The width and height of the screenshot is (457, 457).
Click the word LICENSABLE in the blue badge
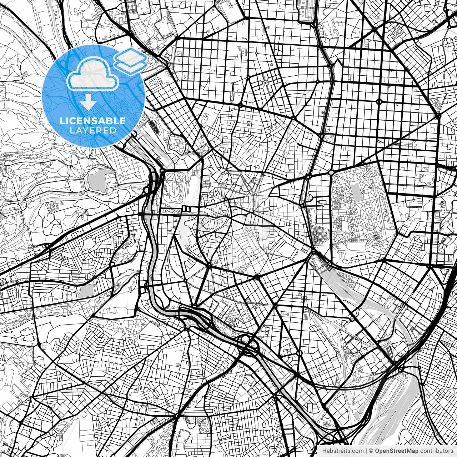(93, 121)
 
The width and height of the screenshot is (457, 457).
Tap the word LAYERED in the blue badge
(93, 130)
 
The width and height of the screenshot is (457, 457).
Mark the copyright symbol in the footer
(371, 451)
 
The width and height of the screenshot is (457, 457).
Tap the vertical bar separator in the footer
(367, 451)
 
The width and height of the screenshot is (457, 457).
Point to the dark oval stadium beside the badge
(154, 126)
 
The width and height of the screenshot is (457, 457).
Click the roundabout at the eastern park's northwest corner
(331, 172)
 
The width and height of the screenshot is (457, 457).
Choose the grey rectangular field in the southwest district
(86, 291)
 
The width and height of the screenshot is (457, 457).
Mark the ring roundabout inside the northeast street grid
(379, 102)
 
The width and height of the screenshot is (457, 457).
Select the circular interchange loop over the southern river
(246, 339)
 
